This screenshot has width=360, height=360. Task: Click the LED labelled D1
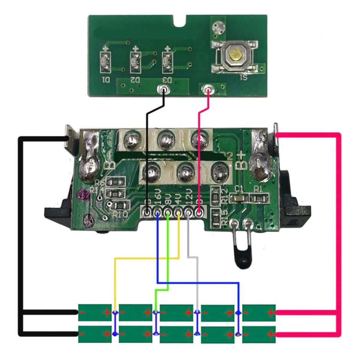click(105, 62)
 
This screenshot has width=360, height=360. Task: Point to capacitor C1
click(239, 197)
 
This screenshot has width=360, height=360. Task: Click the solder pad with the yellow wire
click(178, 211)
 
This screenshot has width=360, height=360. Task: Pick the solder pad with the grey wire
click(189, 211)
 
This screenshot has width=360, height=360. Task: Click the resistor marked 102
click(117, 182)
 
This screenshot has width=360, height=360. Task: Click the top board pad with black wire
click(165, 90)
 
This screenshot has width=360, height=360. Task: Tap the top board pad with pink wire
click(209, 90)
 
